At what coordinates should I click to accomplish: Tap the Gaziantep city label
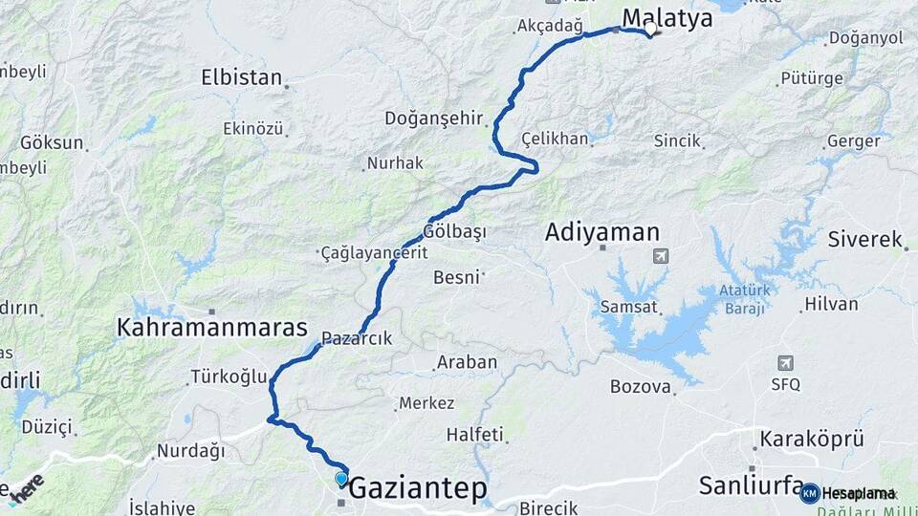pyautogui.click(x=417, y=489)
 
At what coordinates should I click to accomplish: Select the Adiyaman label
pyautogui.click(x=602, y=232)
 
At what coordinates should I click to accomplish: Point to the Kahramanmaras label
pyautogui.click(x=211, y=328)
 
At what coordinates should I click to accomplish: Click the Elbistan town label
pyautogui.click(x=242, y=77)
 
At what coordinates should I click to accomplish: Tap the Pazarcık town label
pyautogui.click(x=357, y=337)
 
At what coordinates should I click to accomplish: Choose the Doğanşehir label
pyautogui.click(x=435, y=118)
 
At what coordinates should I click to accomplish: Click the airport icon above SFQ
pyautogui.click(x=785, y=363)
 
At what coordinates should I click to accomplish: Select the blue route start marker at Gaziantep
pyautogui.click(x=341, y=479)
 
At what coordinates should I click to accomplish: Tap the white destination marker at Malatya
pyautogui.click(x=650, y=30)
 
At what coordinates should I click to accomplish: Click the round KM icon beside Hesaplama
pyautogui.click(x=809, y=493)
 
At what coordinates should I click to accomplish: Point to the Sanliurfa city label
pyautogui.click(x=751, y=485)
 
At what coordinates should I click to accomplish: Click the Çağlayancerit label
pyautogui.click(x=373, y=253)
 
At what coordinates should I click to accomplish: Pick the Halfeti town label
pyautogui.click(x=474, y=435)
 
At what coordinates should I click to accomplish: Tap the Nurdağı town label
pyautogui.click(x=190, y=450)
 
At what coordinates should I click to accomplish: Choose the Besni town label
pyautogui.click(x=456, y=277)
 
